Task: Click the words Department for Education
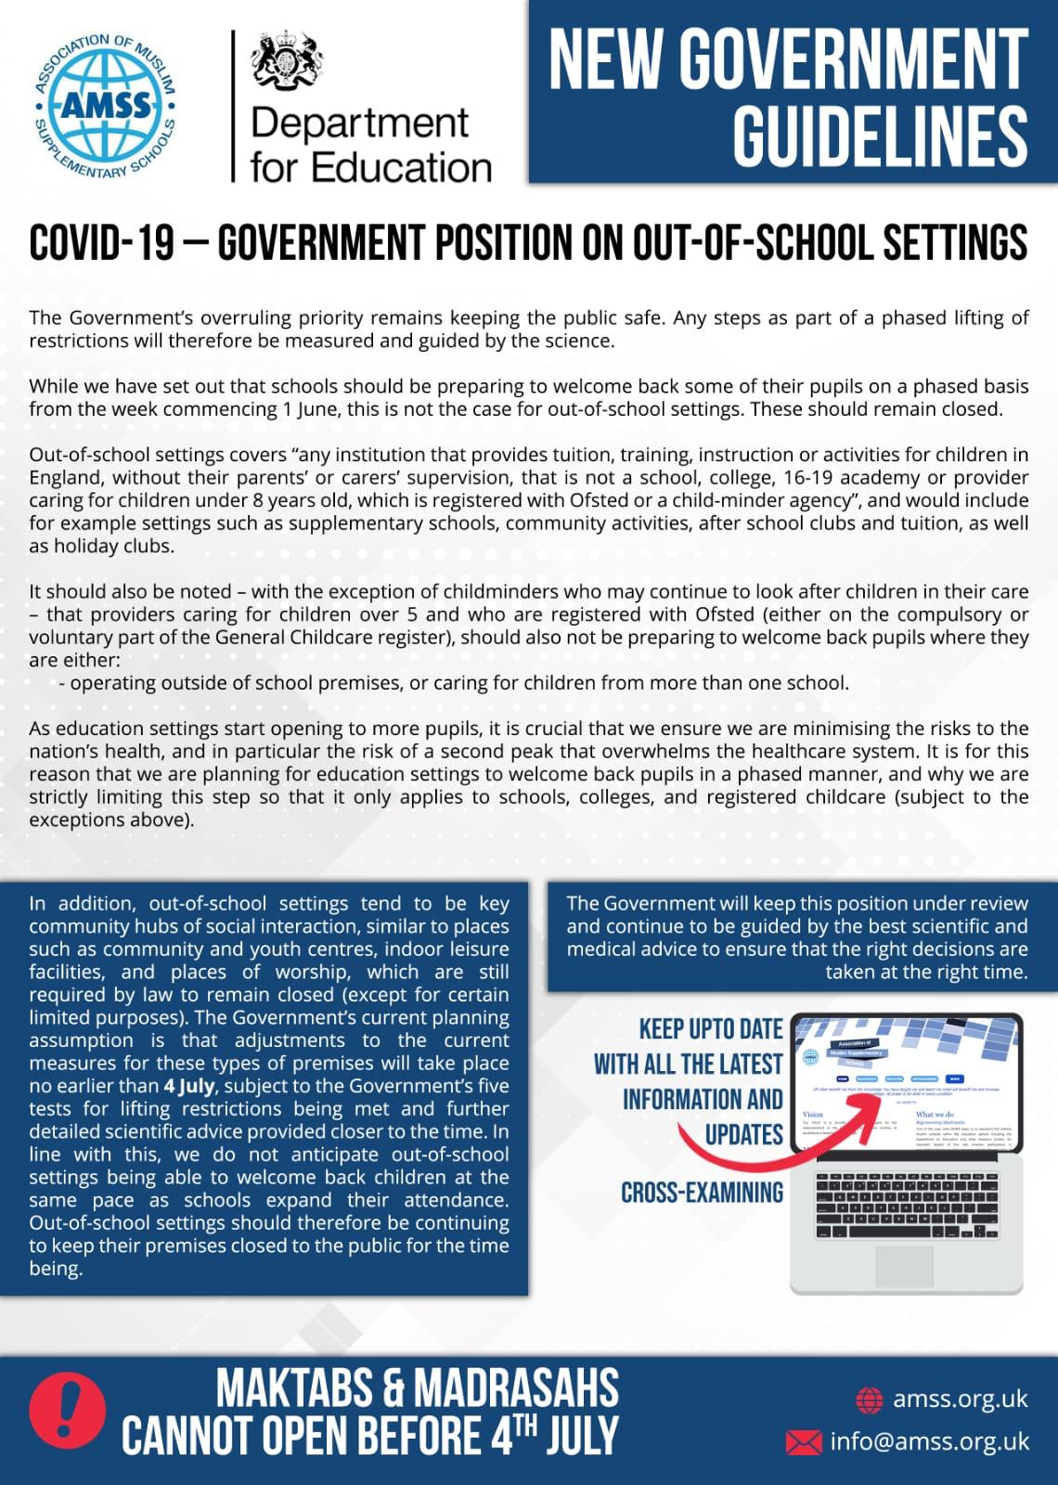pyautogui.click(x=370, y=145)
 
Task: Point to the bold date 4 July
pyautogui.click(x=189, y=1086)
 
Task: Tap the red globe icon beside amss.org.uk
pyautogui.click(x=869, y=1399)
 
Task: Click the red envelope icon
pyautogui.click(x=804, y=1441)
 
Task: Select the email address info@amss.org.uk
pyautogui.click(x=929, y=1441)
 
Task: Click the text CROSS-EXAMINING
pyautogui.click(x=702, y=1193)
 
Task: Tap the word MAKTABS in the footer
pyautogui.click(x=294, y=1389)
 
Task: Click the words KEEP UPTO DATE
pyautogui.click(x=711, y=1029)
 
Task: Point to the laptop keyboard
pyautogui.click(x=906, y=1204)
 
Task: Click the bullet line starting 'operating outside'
pyautogui.click(x=458, y=683)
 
